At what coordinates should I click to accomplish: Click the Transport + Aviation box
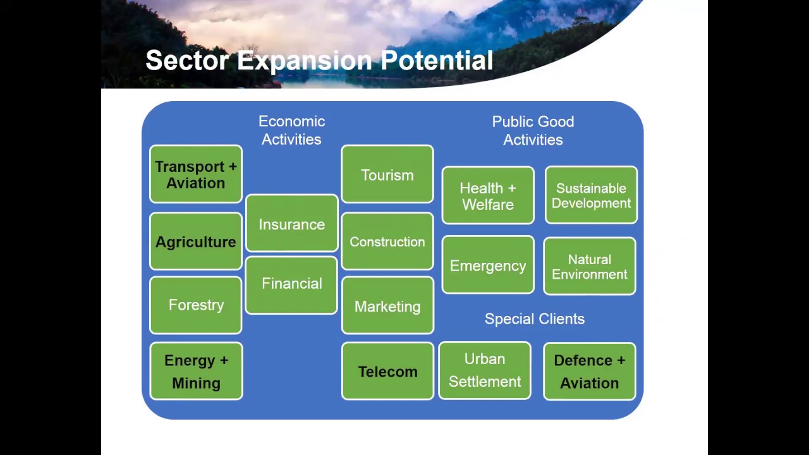196,174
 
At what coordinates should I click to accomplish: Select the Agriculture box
196,241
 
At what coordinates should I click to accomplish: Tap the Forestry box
196,305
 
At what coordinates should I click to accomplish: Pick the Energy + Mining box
196,371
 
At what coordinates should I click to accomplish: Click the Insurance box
291,224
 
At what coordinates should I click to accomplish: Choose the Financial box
291,284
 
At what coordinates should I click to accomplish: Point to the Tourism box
387,174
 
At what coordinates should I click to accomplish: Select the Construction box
387,241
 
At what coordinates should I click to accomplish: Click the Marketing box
387,306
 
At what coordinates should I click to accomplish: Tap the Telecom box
387,371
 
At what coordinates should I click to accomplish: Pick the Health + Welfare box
488,196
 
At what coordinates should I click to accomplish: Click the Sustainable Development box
591,196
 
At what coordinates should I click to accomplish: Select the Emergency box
488,265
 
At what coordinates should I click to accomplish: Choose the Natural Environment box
590,267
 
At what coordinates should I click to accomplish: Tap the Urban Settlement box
485,370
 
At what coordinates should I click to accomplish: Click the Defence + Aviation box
590,371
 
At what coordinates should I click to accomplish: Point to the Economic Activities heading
291,130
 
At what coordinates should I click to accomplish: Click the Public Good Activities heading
533,130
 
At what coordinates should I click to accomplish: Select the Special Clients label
535,319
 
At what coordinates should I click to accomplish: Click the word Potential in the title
436,61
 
